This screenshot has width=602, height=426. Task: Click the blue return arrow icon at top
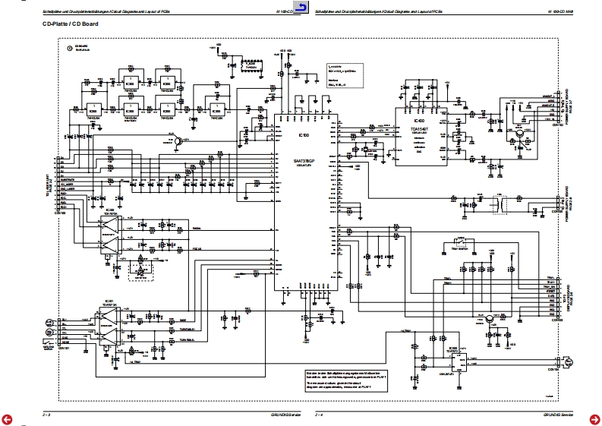pyautogui.click(x=301, y=8)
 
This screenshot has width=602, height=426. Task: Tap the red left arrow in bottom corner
pyautogui.click(x=6, y=418)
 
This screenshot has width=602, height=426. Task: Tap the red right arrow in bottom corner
pyautogui.click(x=596, y=418)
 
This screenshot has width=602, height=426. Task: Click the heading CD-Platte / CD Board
pyautogui.click(x=71, y=25)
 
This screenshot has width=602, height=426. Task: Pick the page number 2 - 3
pyautogui.click(x=47, y=414)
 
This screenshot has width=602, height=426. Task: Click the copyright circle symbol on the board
pyautogui.click(x=69, y=49)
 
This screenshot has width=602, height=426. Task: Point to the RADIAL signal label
pyautogui.click(x=196, y=228)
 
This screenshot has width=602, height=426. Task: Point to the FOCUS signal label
pyautogui.click(x=196, y=248)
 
